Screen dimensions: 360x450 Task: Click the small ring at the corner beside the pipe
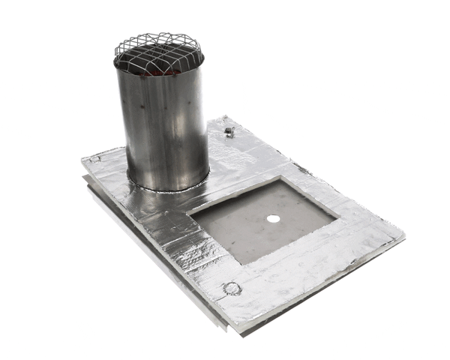click(x=97, y=159)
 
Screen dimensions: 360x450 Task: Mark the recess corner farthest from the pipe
click(x=337, y=217)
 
